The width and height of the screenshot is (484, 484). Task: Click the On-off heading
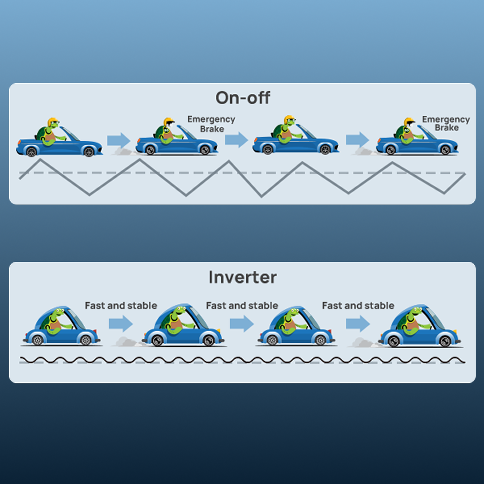pyautogui.click(x=242, y=98)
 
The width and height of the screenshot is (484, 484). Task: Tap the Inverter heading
pyautogui.click(x=242, y=277)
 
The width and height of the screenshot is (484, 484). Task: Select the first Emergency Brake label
pyautogui.click(x=211, y=124)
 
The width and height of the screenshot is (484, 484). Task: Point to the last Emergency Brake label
pyautogui.click(x=446, y=123)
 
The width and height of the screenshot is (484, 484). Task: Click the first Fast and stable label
pyautogui.click(x=121, y=306)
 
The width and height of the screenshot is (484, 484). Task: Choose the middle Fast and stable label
pyautogui.click(x=242, y=306)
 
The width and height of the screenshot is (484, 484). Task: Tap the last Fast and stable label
pyautogui.click(x=358, y=306)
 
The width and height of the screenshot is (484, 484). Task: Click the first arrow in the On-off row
pyautogui.click(x=119, y=140)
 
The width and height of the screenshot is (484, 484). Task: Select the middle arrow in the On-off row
pyautogui.click(x=236, y=139)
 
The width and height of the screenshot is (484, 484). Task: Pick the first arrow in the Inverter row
pyautogui.click(x=121, y=323)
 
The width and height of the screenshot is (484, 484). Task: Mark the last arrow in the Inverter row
pyautogui.click(x=358, y=323)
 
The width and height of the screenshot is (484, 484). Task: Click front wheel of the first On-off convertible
pyautogui.click(x=89, y=151)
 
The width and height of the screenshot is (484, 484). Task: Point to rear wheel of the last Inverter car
pyautogui.click(x=393, y=342)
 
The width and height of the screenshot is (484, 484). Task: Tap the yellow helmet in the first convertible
pyautogui.click(x=52, y=121)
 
